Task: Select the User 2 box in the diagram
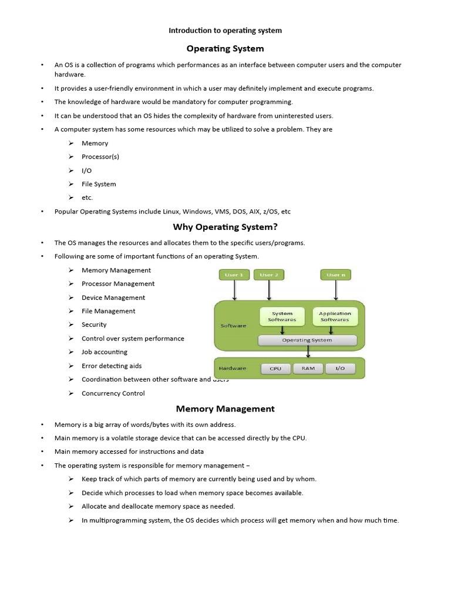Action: click(269, 275)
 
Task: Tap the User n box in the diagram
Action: click(336, 275)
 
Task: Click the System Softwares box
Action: click(282, 316)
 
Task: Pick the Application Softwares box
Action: click(335, 316)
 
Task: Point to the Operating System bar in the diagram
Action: click(307, 340)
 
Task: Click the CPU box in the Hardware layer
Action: click(275, 369)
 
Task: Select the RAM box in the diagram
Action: click(308, 369)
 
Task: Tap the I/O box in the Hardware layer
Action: click(340, 369)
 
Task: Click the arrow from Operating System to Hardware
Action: click(308, 351)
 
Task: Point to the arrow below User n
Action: click(336, 290)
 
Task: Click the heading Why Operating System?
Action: click(225, 227)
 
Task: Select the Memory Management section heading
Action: click(225, 409)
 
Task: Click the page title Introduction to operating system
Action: click(225, 31)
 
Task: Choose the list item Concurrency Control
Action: click(113, 393)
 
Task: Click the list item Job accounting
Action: click(105, 352)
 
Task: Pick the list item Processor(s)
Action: click(100, 157)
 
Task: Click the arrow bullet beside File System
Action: click(70, 184)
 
